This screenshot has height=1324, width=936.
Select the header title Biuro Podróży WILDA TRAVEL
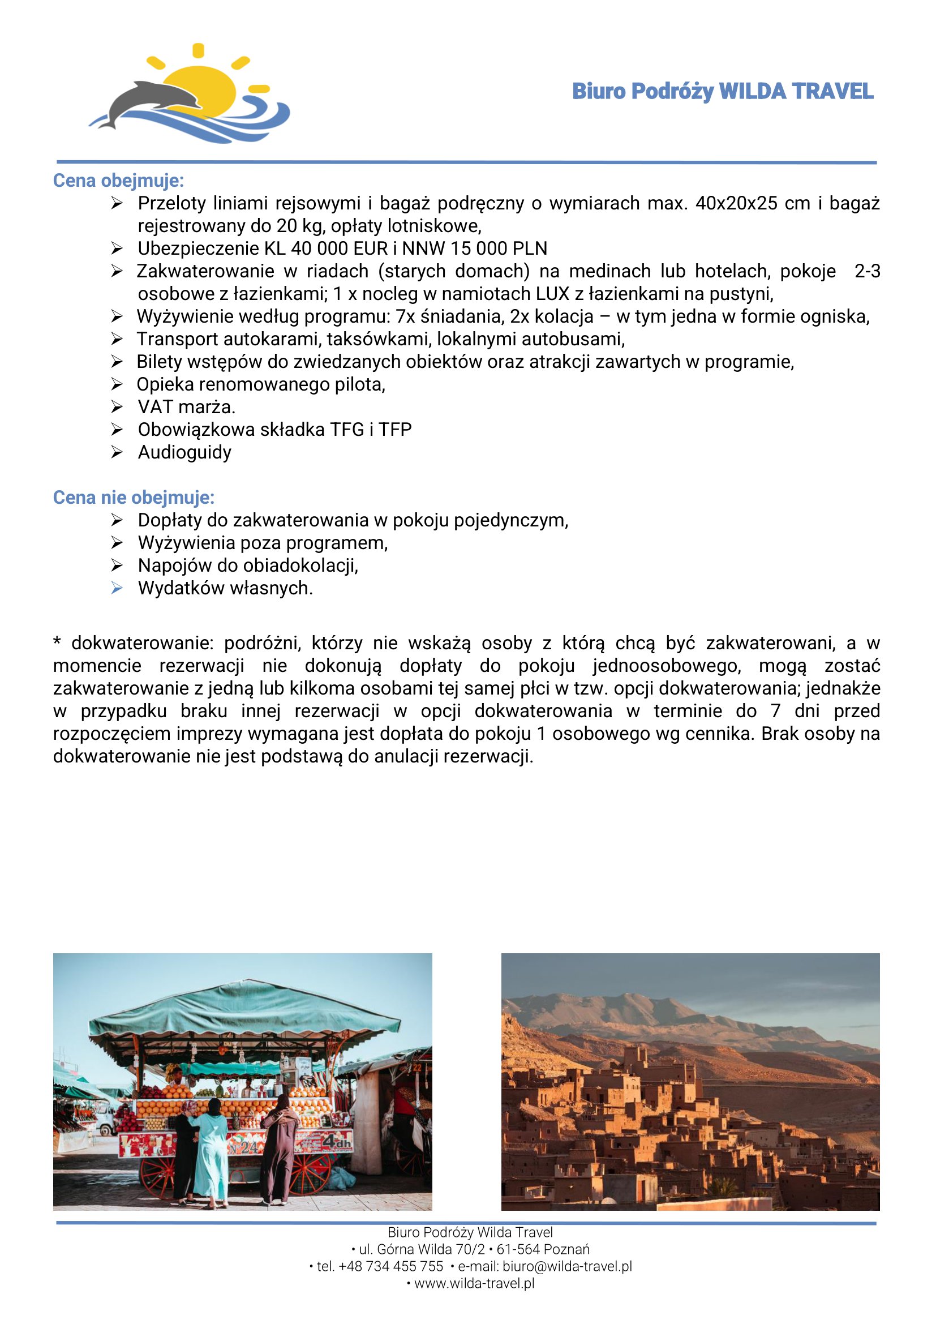click(722, 92)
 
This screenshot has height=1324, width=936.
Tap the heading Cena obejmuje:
click(118, 181)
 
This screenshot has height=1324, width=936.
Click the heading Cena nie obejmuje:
click(133, 497)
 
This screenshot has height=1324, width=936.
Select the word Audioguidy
click(184, 452)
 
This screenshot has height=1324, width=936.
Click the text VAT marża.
click(186, 406)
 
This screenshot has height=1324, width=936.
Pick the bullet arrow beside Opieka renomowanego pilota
click(117, 384)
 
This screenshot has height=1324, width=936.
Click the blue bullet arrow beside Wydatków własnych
click(117, 588)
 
